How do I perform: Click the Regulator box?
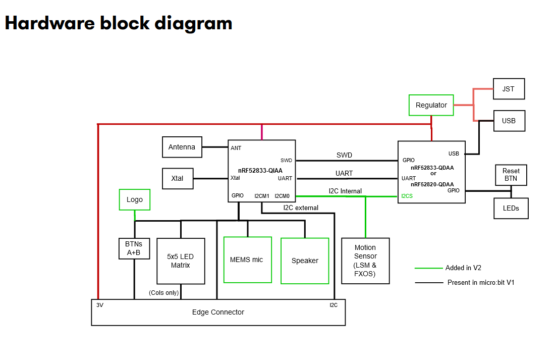pyautogui.click(x=431, y=105)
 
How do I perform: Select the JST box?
pyautogui.click(x=509, y=89)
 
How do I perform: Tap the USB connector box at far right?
pyautogui.click(x=509, y=121)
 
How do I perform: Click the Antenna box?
pyautogui.click(x=182, y=147)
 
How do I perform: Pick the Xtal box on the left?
pyautogui.click(x=178, y=179)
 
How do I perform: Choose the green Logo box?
pyautogui.click(x=135, y=200)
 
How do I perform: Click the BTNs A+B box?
pyautogui.click(x=134, y=248)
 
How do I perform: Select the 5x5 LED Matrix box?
pyautogui.click(x=181, y=261)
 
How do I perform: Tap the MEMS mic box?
pyautogui.click(x=247, y=260)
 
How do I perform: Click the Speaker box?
pyautogui.click(x=305, y=261)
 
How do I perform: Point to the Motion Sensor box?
pyautogui.click(x=365, y=261)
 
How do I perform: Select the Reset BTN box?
pyautogui.click(x=511, y=175)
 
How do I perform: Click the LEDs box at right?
pyautogui.click(x=511, y=208)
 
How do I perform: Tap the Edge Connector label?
pyautogui.click(x=218, y=312)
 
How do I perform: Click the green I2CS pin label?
pyautogui.click(x=407, y=196)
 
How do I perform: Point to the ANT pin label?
pyautogui.click(x=236, y=148)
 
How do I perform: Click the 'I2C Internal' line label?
pyautogui.click(x=345, y=191)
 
